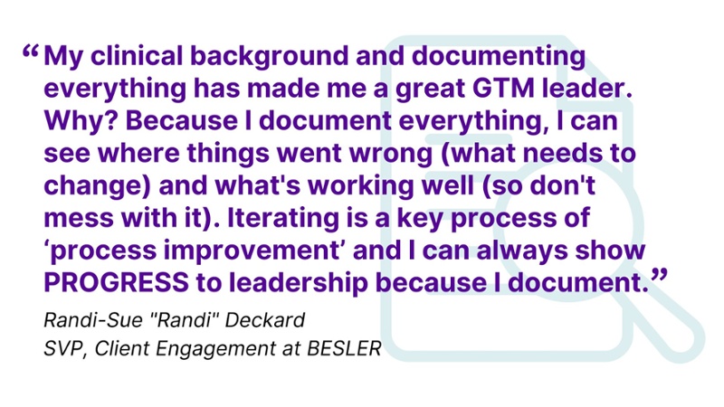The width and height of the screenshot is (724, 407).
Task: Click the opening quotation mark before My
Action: (x=31, y=52)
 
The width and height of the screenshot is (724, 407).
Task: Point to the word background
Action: (x=270, y=57)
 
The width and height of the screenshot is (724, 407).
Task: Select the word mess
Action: (x=79, y=219)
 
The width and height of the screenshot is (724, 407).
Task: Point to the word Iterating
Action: (x=283, y=219)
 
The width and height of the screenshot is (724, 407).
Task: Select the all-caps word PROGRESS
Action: (x=116, y=282)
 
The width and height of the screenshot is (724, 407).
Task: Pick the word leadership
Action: (x=299, y=283)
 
